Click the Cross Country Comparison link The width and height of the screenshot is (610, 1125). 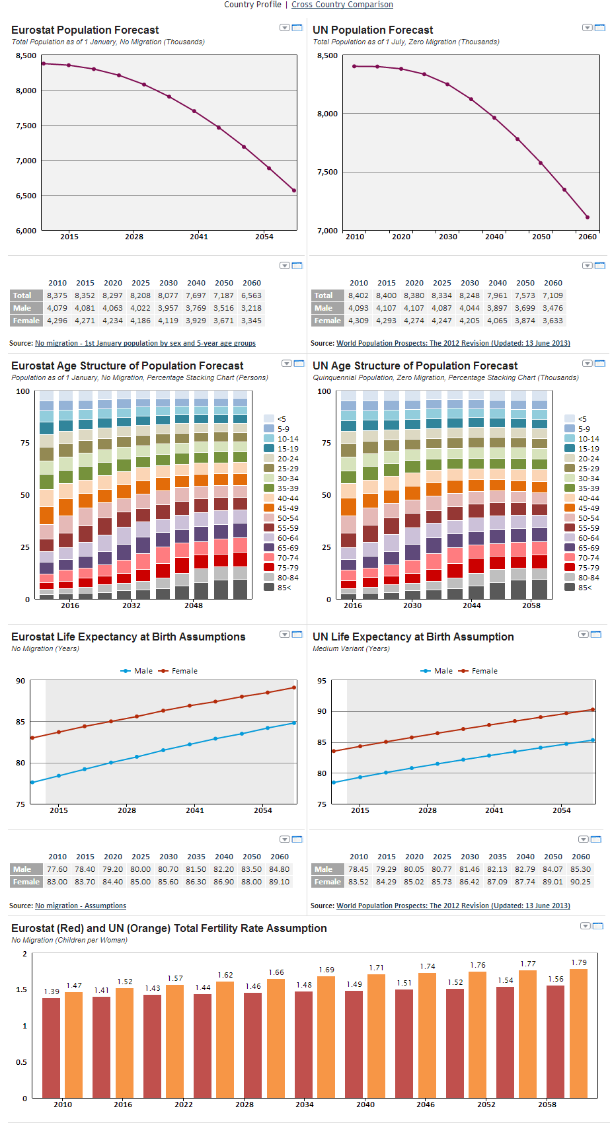[342, 5]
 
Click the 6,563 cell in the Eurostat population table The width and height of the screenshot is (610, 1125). [251, 295]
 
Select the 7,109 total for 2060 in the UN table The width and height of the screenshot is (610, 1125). [553, 295]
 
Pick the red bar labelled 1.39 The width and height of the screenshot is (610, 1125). [52, 1048]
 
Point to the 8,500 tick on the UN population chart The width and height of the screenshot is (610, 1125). [327, 56]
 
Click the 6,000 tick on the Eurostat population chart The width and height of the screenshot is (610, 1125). [26, 231]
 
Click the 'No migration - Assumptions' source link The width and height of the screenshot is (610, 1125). [81, 906]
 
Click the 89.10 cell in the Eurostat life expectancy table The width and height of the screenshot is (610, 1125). [279, 882]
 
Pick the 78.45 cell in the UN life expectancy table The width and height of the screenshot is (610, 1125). [358, 869]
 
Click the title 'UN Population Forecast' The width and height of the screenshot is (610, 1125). [373, 30]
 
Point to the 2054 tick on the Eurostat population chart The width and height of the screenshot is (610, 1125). [264, 237]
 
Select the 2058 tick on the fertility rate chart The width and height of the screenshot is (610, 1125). [547, 1105]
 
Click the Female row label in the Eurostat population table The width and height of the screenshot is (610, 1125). [26, 321]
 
